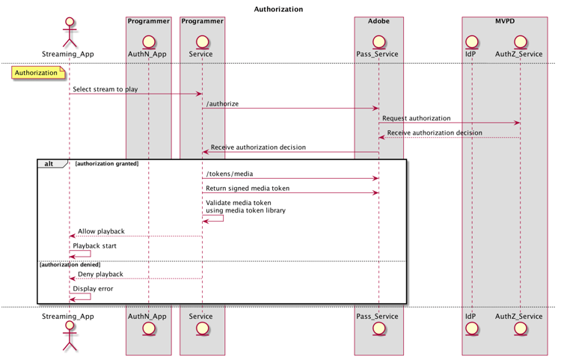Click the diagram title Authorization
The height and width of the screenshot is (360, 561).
tap(278, 10)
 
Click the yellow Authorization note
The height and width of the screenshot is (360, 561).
tap(37, 73)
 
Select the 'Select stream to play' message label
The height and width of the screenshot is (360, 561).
tap(105, 90)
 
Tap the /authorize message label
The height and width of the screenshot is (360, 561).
tap(222, 104)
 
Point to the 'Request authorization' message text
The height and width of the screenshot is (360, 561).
tap(416, 118)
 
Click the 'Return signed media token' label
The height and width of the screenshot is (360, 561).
tap(248, 188)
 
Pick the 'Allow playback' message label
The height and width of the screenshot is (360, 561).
tap(101, 231)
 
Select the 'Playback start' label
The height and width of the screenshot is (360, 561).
tap(95, 245)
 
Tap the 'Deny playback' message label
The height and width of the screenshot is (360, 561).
tap(100, 274)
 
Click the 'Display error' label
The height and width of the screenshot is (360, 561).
tap(93, 288)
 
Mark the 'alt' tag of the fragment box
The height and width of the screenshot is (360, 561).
tap(49, 163)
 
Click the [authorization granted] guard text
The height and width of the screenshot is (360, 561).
tap(107, 163)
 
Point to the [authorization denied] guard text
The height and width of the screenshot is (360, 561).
tap(70, 264)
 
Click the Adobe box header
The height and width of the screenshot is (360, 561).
tap(378, 21)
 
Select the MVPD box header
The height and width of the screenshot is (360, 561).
tap(505, 21)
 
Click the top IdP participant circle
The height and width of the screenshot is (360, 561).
tap(470, 40)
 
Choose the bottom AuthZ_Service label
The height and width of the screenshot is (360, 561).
tap(518, 316)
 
